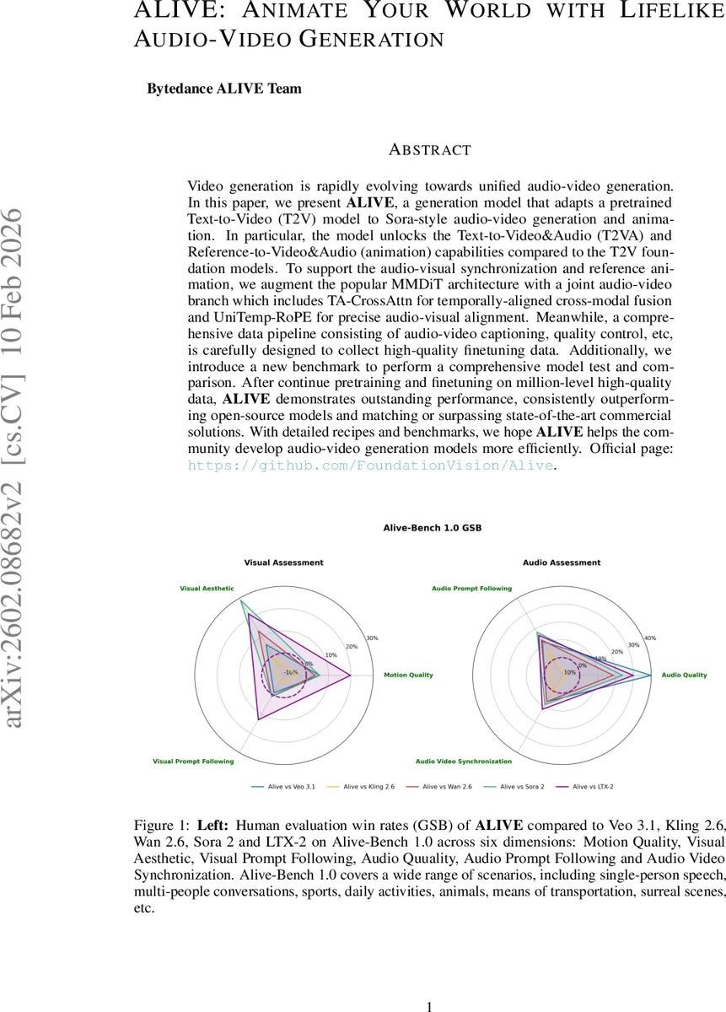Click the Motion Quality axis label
pyautogui.click(x=408, y=675)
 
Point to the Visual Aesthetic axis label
pyautogui.click(x=207, y=588)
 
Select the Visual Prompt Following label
pyautogui.click(x=193, y=762)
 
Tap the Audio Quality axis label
pyautogui.click(x=684, y=675)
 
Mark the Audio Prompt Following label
pyautogui.click(x=471, y=588)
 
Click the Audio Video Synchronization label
pyautogui.click(x=464, y=762)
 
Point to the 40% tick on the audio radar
pyautogui.click(x=649, y=638)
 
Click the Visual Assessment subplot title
pyautogui.click(x=283, y=563)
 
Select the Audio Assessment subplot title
pyautogui.click(x=562, y=563)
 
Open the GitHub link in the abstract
pyautogui.click(x=370, y=466)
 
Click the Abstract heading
pyautogui.click(x=429, y=150)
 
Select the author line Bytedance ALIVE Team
pyautogui.click(x=224, y=88)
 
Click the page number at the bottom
pyautogui.click(x=430, y=1006)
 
